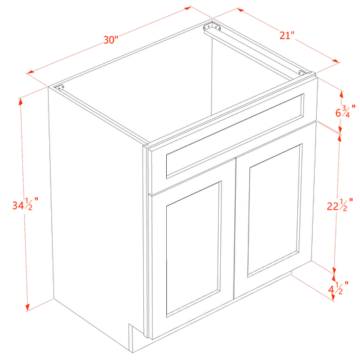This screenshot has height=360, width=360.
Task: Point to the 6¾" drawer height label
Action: point(344,110)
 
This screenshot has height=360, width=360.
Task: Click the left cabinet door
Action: point(192,250)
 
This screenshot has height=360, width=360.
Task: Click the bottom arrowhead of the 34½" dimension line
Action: point(27,307)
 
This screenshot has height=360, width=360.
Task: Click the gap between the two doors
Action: point(234,236)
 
